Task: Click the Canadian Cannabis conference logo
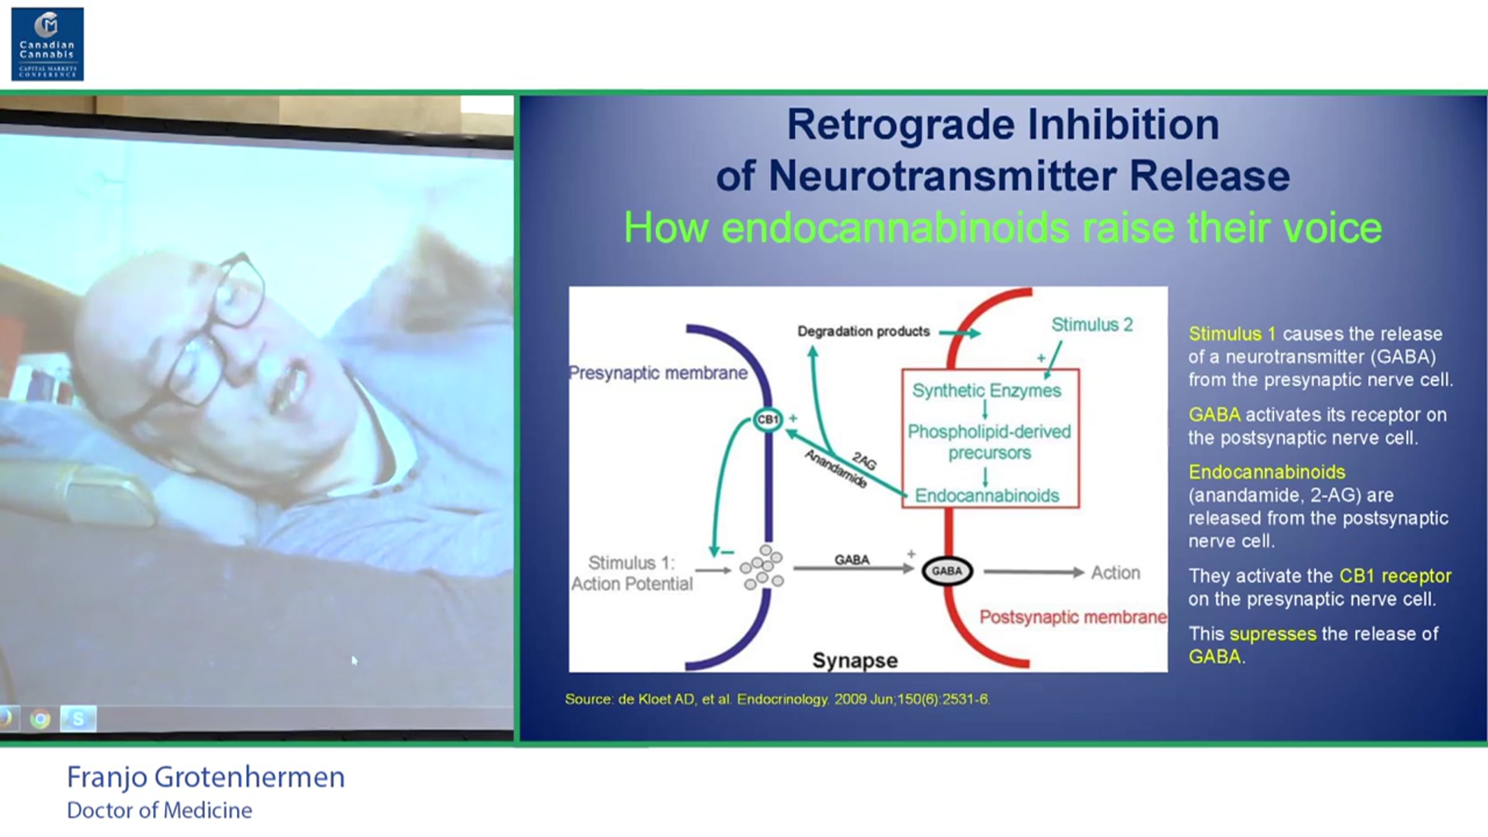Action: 48,44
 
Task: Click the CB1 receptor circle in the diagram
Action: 768,420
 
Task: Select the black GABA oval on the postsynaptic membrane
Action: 947,571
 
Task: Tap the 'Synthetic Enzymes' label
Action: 986,391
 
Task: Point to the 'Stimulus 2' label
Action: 1092,324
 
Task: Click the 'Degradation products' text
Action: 864,332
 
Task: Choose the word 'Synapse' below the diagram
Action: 855,661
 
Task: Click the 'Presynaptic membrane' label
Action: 658,373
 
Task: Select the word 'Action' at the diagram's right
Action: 1115,572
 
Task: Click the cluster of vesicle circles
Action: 762,567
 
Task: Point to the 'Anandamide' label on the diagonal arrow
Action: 835,469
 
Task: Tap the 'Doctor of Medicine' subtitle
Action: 159,810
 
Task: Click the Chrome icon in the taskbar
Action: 41,719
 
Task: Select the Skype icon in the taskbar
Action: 78,719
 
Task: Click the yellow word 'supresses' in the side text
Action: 1273,634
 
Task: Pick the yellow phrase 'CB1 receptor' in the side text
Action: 1395,576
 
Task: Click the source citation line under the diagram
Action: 777,699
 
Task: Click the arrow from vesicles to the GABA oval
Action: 854,569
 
